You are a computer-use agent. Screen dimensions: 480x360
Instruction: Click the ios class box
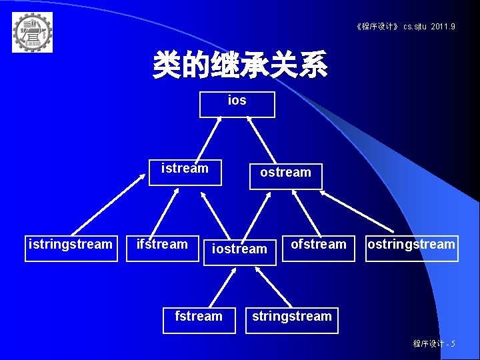coord(237,104)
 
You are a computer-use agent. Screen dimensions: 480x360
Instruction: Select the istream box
coord(185,172)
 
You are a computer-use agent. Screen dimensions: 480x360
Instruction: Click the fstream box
coord(199,319)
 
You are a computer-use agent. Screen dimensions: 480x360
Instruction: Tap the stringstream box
coord(291,319)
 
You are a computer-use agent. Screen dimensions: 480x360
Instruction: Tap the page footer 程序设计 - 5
coord(434,343)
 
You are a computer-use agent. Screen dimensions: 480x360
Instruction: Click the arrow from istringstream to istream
coord(109,205)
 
